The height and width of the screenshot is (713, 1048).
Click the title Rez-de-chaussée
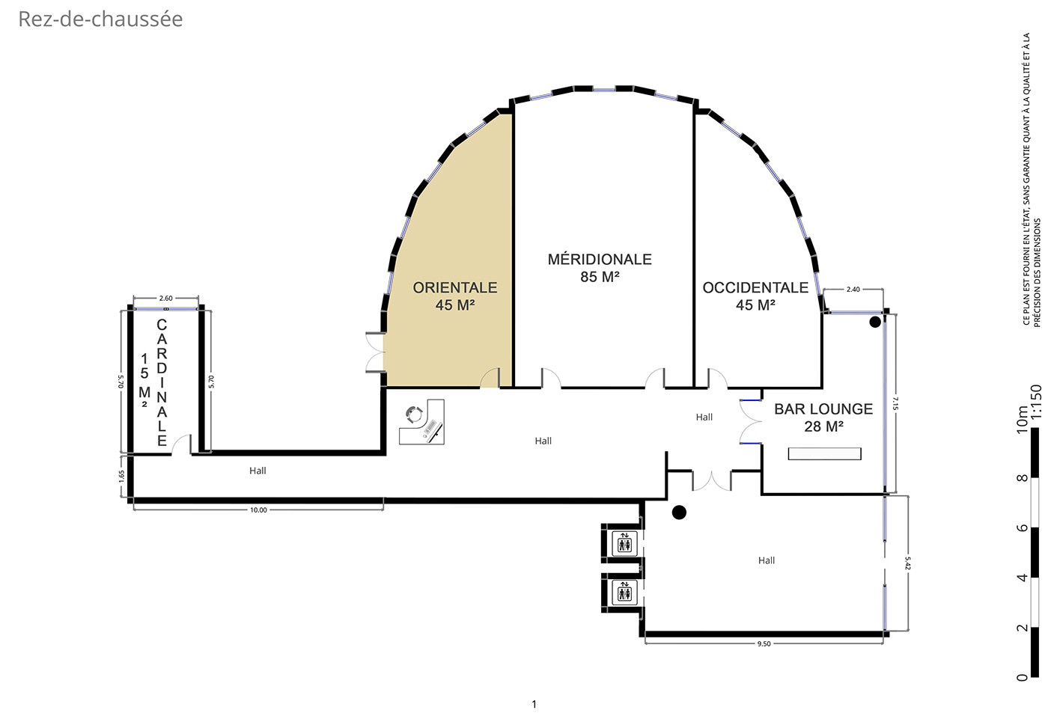point(100,19)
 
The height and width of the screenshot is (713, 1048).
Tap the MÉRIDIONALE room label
point(600,260)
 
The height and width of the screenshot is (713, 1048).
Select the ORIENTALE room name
point(455,287)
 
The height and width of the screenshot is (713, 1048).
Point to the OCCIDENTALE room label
point(755,287)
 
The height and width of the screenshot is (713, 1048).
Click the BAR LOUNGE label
point(823,409)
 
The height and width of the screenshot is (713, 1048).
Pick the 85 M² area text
point(600,277)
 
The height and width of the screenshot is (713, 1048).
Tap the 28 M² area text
point(823,426)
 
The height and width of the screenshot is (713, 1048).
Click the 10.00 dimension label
point(258,510)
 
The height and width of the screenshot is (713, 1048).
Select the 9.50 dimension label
point(764,644)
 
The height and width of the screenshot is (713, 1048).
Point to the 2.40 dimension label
point(853,290)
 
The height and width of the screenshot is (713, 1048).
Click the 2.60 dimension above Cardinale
point(165,299)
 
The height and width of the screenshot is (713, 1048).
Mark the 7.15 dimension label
point(895,403)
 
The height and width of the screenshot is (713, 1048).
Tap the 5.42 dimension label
point(908,563)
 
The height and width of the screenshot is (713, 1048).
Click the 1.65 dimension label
point(121,477)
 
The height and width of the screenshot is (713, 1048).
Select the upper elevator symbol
point(624,542)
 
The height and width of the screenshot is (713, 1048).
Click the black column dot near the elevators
point(679,513)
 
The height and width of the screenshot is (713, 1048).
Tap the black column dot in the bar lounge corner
point(875,322)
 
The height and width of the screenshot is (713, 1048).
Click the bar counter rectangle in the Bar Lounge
point(824,453)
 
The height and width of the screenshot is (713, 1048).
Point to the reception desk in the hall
point(421,422)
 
